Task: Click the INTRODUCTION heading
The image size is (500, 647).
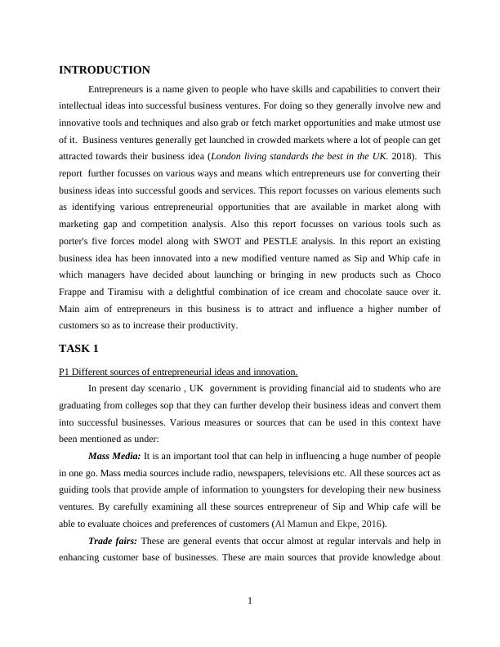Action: click(x=105, y=70)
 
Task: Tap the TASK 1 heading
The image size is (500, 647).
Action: click(x=78, y=349)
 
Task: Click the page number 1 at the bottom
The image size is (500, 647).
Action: click(x=250, y=602)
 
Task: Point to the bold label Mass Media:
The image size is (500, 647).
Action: click(x=114, y=456)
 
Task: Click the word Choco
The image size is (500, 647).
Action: click(x=426, y=274)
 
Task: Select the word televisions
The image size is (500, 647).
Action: click(x=306, y=473)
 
